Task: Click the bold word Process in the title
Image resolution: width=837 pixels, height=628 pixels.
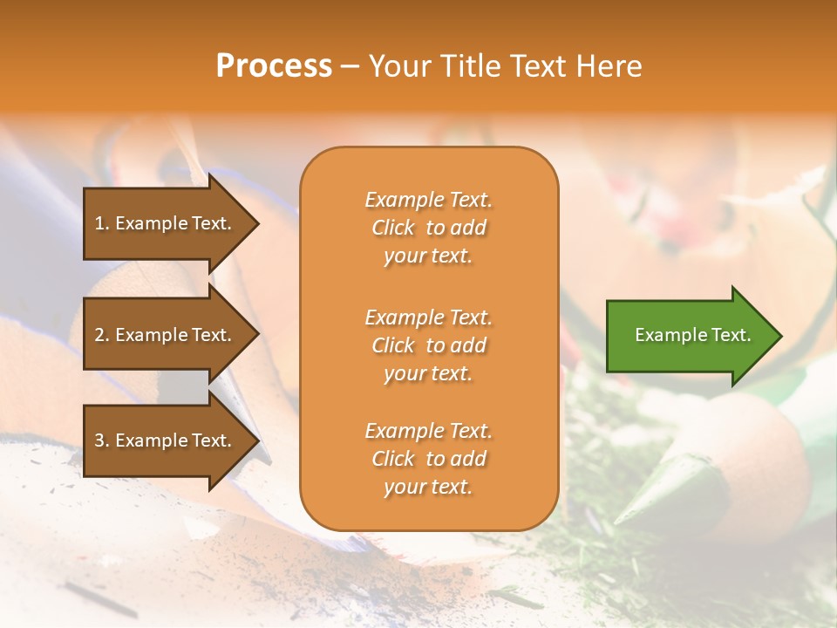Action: pos(274,66)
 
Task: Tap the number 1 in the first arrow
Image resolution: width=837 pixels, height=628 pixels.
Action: pos(99,223)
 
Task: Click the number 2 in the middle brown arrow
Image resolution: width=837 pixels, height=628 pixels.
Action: pos(99,335)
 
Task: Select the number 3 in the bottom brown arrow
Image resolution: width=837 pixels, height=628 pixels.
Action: pos(99,440)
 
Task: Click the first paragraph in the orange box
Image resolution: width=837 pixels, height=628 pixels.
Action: pos(428,228)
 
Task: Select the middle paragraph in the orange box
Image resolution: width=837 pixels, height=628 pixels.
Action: pos(428,345)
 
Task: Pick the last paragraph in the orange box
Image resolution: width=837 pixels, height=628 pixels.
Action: pos(428,459)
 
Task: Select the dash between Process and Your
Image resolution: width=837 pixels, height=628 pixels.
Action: pos(350,67)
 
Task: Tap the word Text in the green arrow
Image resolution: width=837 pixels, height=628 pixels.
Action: pos(731,335)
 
